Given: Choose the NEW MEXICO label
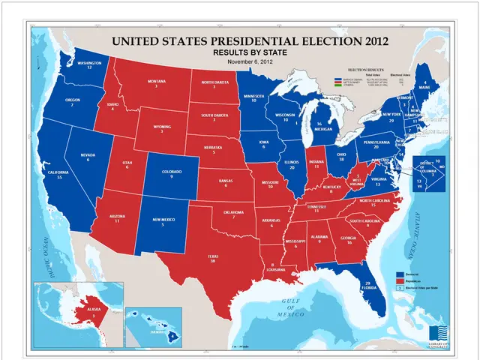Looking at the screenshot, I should [x=163, y=219].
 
